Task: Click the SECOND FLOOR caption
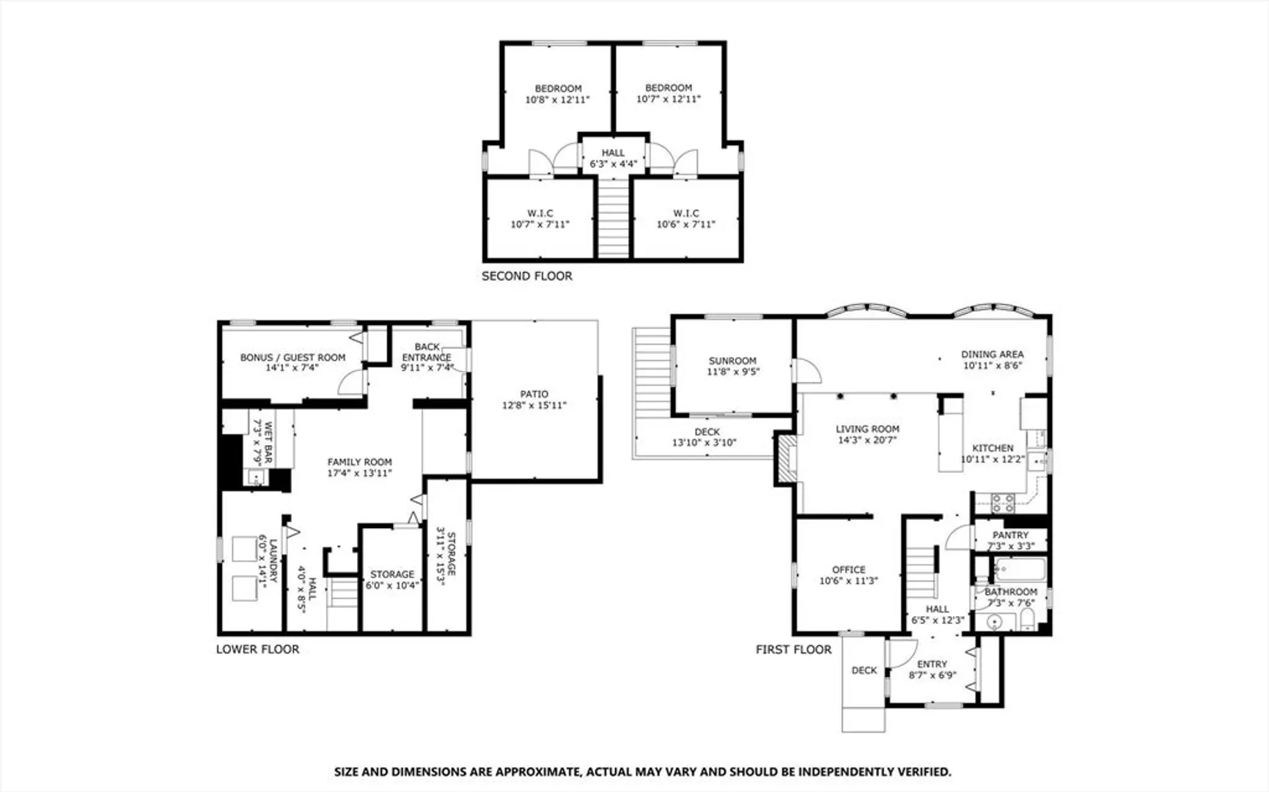(526, 276)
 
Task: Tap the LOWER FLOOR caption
(257, 649)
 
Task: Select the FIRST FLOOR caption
(793, 650)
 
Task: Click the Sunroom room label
(732, 361)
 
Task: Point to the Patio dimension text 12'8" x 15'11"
(534, 406)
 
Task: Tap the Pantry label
(1010, 535)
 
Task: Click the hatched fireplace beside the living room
(787, 459)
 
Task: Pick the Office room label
(848, 570)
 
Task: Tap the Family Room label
(359, 462)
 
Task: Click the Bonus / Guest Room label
(293, 358)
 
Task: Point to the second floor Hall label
(613, 153)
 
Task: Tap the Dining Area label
(992, 354)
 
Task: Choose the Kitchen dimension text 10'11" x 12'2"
(992, 460)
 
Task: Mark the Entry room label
(932, 664)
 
